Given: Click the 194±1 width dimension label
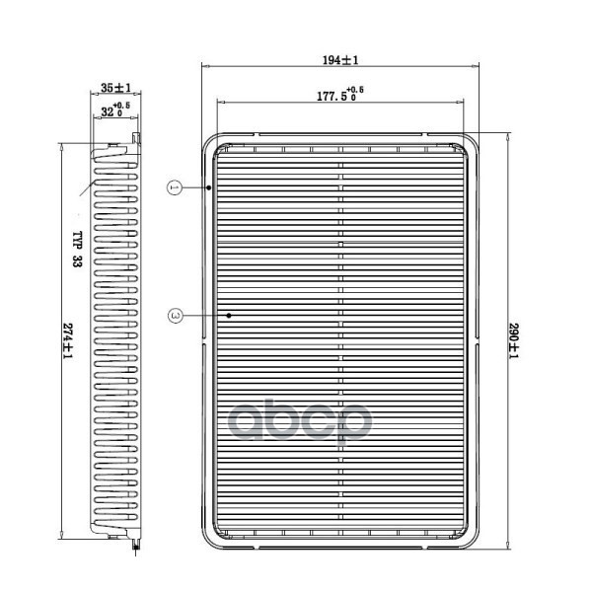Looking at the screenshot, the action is point(340,60).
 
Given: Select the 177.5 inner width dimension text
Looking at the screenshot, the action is point(332,96).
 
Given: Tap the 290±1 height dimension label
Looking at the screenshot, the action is point(514,341).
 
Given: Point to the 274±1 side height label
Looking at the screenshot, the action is point(67,341).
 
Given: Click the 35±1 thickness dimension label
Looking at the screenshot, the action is point(115,88).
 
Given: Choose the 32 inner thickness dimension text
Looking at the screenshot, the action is point(108,111).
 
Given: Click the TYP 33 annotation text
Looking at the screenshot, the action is point(77,250).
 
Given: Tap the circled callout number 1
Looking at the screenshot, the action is point(175,187).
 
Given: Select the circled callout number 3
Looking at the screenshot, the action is point(175,316).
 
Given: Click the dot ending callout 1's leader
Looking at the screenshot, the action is point(209,187).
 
